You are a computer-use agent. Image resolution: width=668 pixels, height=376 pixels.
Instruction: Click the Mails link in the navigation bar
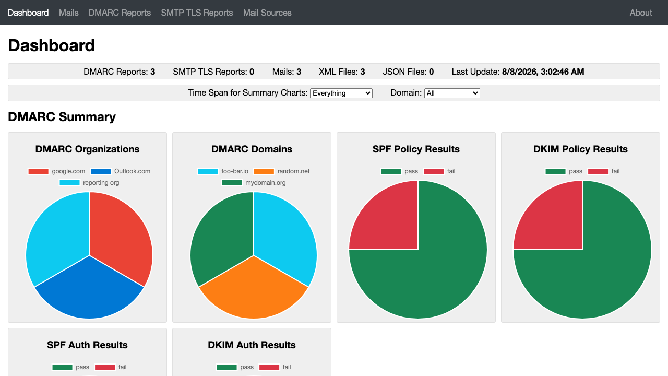[x=68, y=13]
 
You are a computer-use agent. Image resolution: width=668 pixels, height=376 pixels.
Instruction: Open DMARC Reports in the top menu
[x=120, y=13]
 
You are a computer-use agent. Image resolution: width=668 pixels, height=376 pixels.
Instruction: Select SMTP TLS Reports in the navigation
[x=197, y=13]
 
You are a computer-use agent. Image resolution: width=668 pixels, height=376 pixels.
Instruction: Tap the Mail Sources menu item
[x=267, y=13]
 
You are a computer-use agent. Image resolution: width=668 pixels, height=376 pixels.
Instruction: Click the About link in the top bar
[x=641, y=13]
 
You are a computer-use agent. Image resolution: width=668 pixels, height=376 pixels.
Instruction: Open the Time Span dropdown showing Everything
[x=341, y=93]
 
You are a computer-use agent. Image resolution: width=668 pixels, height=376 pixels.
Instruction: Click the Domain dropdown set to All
[x=452, y=93]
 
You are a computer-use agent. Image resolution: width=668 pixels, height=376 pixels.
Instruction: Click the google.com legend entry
[x=57, y=171]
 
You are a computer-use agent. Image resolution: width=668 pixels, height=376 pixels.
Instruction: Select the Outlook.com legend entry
[x=121, y=171]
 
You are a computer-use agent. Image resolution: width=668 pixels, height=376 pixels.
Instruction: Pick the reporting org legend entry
[x=89, y=183]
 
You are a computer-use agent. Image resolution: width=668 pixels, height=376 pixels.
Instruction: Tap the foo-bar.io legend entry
[x=223, y=171]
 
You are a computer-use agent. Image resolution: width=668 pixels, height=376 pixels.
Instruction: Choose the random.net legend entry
[x=282, y=171]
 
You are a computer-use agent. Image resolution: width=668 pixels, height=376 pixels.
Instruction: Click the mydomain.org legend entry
[x=254, y=183]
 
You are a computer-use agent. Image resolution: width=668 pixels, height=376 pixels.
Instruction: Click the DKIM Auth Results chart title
[x=252, y=345]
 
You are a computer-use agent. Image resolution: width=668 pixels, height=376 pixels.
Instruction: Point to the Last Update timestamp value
[x=543, y=72]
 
